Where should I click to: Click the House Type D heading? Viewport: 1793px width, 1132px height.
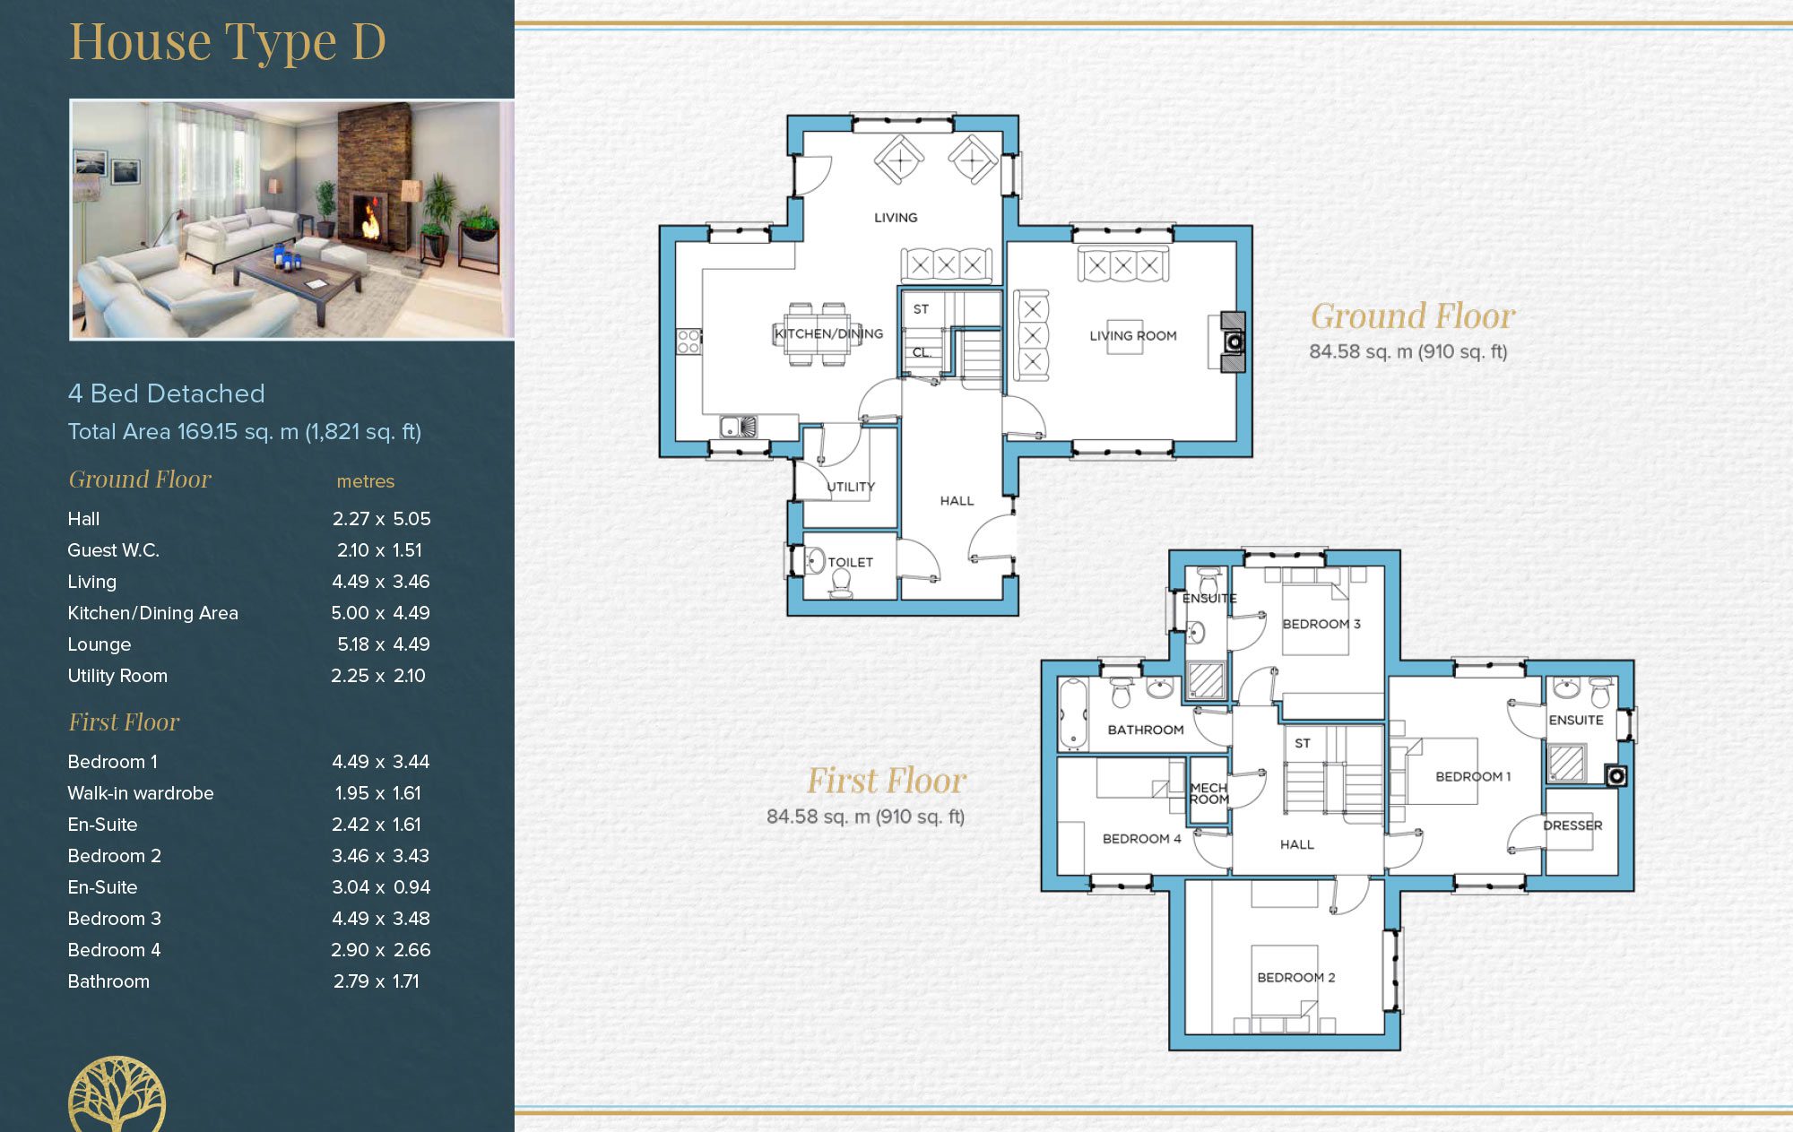[x=228, y=42]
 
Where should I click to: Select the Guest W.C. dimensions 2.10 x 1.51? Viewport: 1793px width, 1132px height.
[x=379, y=550]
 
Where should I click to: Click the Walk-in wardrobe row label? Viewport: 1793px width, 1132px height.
[x=141, y=793]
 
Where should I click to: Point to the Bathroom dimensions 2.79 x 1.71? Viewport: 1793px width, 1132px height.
[x=377, y=981]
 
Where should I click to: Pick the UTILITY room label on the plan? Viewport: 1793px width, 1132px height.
[x=851, y=487]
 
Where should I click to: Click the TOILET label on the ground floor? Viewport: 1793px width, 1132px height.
[x=850, y=562]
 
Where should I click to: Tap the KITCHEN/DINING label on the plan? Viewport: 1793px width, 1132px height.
[x=828, y=333]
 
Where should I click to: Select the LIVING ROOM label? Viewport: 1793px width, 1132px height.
[x=1133, y=336]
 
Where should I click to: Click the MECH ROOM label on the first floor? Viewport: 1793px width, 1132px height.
[x=1209, y=793]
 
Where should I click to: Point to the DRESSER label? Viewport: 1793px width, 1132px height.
[x=1572, y=825]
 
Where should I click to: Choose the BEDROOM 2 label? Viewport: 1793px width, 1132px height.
[x=1296, y=978]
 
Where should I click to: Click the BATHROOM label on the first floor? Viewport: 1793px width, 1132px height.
[x=1146, y=730]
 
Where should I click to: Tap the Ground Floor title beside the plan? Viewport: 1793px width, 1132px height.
[x=1413, y=316]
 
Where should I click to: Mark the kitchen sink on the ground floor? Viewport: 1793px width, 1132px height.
[x=739, y=426]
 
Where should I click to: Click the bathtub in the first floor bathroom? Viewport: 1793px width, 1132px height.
[x=1071, y=713]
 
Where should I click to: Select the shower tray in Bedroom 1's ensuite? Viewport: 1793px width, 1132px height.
[x=1566, y=763]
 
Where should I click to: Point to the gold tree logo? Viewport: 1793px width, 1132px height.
[x=117, y=1094]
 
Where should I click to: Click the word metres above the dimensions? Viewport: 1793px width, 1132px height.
[x=366, y=481]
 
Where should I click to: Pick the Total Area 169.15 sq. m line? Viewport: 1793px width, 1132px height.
[x=245, y=432]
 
